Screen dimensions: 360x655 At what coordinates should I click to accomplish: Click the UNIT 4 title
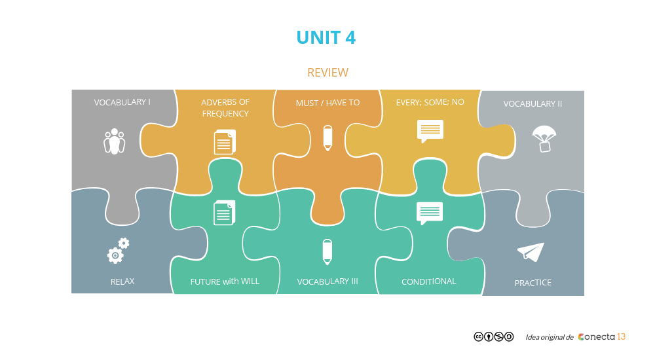tap(326, 37)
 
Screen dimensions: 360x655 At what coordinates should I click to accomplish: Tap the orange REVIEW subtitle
tap(327, 72)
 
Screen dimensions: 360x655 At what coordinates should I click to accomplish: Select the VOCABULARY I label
tap(122, 102)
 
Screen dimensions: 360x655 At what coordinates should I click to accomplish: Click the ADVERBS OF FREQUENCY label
tap(225, 108)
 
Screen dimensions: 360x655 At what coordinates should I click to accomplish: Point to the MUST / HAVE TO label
tap(327, 103)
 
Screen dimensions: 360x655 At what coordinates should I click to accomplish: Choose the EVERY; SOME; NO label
tap(430, 102)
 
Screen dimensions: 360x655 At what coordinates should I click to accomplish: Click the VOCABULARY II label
tap(533, 104)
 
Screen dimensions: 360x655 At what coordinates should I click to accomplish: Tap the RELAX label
tap(122, 281)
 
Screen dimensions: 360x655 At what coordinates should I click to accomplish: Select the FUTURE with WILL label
tap(225, 281)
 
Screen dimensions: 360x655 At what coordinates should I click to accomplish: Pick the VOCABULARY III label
tap(327, 281)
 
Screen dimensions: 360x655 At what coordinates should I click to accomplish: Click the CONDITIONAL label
tap(428, 281)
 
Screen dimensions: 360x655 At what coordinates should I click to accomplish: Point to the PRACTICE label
tap(533, 283)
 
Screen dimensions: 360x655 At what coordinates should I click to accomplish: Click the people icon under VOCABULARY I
tap(115, 141)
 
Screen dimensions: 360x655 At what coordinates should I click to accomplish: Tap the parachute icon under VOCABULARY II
tap(544, 139)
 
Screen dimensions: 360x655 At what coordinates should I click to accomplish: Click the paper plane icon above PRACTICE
tap(531, 253)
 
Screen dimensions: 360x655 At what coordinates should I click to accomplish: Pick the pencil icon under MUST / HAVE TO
tap(327, 137)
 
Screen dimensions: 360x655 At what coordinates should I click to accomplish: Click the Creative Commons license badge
tap(493, 336)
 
